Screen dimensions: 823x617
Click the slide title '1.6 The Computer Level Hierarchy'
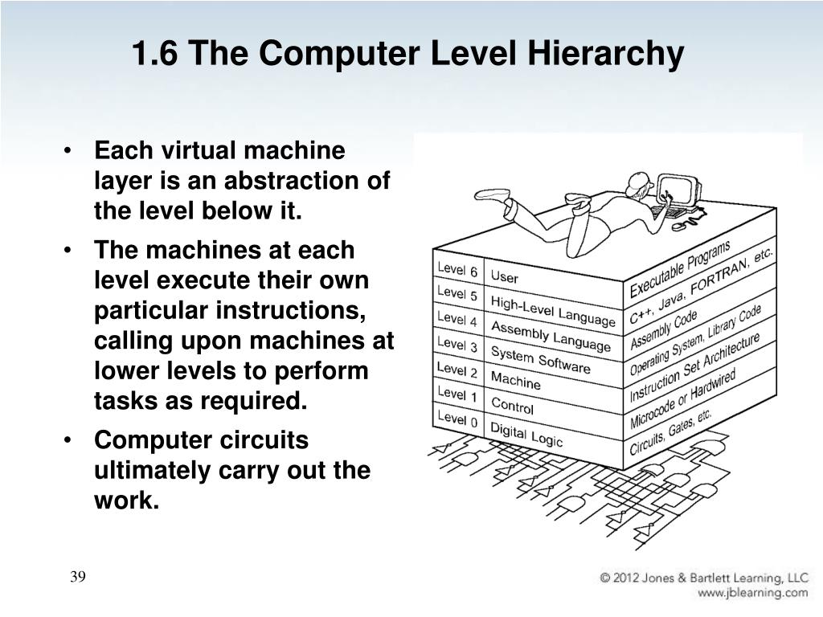(x=408, y=55)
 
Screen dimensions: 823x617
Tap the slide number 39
(x=77, y=577)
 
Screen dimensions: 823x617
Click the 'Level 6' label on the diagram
(x=457, y=271)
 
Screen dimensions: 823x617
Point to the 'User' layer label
(x=504, y=277)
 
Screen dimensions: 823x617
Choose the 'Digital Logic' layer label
(x=526, y=435)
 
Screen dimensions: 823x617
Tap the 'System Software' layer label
(x=540, y=358)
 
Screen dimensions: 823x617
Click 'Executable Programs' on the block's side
(x=679, y=269)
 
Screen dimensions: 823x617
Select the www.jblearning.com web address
(x=752, y=593)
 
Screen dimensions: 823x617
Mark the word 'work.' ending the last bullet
(x=127, y=501)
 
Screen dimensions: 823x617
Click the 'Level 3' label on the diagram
(x=457, y=345)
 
